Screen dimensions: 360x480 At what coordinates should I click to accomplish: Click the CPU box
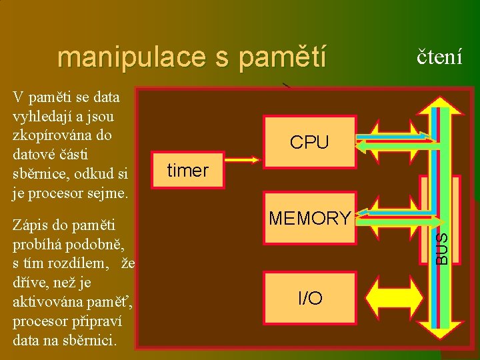click(x=309, y=142)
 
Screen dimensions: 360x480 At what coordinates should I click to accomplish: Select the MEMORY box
click(x=309, y=218)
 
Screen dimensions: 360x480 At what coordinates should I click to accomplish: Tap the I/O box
click(x=309, y=298)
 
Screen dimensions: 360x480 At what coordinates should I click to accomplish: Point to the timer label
click(x=188, y=171)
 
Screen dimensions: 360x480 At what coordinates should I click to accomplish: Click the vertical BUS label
click(x=441, y=247)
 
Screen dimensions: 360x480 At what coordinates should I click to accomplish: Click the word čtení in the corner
click(x=439, y=56)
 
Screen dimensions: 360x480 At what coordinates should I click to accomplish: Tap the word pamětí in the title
click(x=283, y=57)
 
